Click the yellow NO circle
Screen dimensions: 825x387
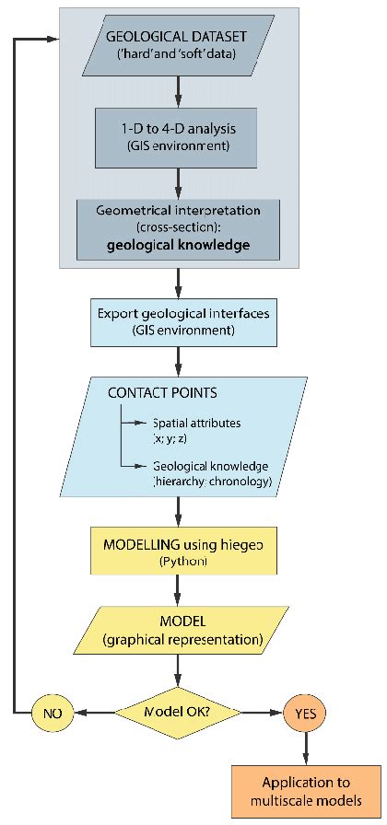tap(52, 712)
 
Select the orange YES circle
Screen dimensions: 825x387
tap(305, 712)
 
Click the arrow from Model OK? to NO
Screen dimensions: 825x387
tap(94, 712)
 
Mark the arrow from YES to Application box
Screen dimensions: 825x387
tap(305, 749)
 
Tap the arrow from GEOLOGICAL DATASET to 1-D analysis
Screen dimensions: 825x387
tap(178, 91)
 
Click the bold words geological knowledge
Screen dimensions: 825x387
tap(178, 245)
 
